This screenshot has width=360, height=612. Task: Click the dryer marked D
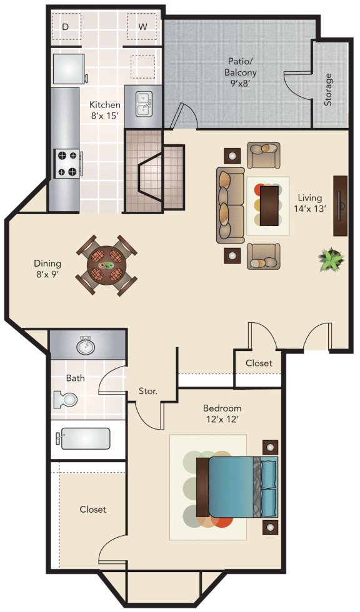point(66,26)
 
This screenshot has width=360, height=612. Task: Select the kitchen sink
point(144,104)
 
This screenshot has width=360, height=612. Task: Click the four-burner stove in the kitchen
point(67,164)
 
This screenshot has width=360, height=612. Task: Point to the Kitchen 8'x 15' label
point(105,110)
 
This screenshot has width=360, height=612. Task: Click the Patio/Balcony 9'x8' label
point(240,72)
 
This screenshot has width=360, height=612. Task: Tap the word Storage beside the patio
point(328,89)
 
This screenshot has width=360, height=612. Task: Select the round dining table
point(106,265)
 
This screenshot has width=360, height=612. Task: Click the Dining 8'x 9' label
point(47,269)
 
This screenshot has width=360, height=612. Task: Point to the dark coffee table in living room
point(269,205)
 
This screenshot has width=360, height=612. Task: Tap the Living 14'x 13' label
point(310,203)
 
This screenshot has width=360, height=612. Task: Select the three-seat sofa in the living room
point(231,205)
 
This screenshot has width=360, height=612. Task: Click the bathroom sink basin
point(86,346)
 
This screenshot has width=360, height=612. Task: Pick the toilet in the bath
point(65,399)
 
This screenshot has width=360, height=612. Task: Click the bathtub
point(84,438)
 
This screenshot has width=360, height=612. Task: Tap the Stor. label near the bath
point(148,391)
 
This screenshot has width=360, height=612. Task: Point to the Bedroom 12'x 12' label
point(222,413)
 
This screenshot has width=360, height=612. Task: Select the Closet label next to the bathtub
point(93,510)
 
